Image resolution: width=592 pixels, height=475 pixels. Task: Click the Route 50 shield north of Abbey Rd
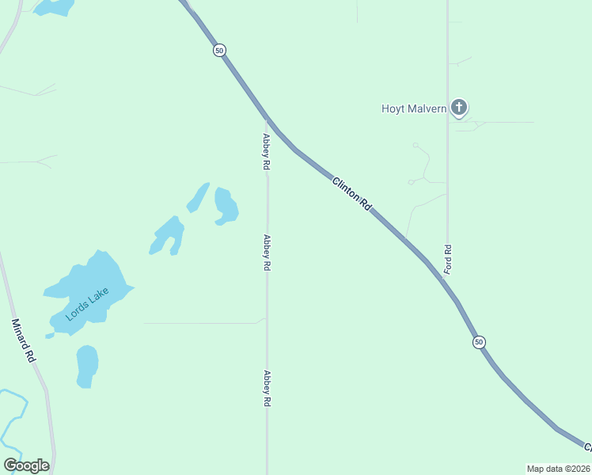(219, 50)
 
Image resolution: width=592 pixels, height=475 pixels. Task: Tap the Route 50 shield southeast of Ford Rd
(479, 342)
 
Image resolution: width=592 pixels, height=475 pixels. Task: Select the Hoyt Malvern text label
(415, 108)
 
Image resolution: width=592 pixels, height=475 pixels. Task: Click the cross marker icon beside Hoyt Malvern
(459, 107)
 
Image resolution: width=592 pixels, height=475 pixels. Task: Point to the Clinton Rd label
(351, 192)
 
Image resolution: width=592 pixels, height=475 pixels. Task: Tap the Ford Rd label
(448, 259)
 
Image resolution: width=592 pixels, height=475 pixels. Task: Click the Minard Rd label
(24, 340)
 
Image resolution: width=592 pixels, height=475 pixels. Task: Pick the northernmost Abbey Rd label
(268, 151)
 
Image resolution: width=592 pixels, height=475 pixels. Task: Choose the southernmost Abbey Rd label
(268, 389)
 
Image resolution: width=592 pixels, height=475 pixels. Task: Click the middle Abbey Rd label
(268, 253)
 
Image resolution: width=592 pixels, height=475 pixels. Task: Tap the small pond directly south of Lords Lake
(87, 366)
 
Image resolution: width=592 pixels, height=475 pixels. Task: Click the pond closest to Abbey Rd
(226, 205)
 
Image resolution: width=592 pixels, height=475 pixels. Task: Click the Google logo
(26, 465)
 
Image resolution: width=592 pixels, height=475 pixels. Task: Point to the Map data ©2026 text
(558, 469)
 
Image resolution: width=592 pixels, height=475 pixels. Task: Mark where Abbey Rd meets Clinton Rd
(268, 119)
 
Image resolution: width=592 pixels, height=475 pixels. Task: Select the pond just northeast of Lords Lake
(169, 235)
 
